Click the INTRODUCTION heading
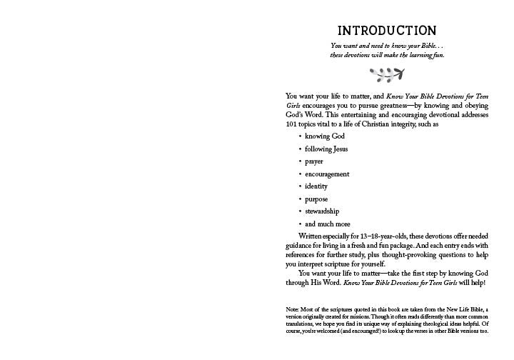386,31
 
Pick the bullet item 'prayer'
314,161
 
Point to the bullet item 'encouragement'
327,174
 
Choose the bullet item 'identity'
316,186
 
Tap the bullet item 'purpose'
316,199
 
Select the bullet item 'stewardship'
322,211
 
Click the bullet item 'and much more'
325,224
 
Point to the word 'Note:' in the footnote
293,309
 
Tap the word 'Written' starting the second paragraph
311,236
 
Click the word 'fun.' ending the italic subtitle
437,55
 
